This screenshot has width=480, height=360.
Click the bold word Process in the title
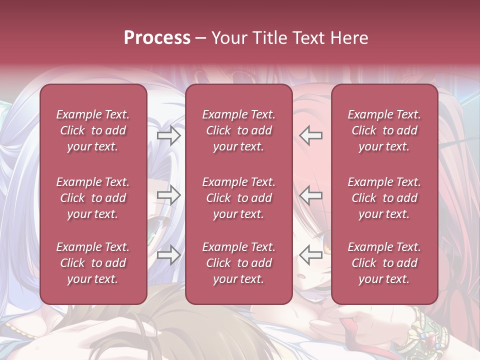[157, 38]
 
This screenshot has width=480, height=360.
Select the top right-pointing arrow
[168, 135]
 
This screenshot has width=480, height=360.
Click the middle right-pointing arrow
[168, 195]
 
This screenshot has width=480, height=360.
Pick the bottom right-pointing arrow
[168, 255]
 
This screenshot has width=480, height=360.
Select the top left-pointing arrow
[310, 135]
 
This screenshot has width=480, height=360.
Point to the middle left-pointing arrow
[310, 195]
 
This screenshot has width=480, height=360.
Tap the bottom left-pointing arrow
[310, 255]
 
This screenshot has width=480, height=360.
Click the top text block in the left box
[93, 130]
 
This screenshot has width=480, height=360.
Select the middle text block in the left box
[93, 198]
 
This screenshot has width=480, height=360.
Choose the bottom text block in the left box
[93, 263]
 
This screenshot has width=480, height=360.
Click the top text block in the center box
[238, 130]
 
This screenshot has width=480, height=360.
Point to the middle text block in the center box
[238, 198]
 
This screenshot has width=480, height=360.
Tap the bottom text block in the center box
[238, 263]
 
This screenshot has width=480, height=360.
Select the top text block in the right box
[384, 130]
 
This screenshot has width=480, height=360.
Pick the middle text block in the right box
[384, 198]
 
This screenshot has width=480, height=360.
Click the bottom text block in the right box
[384, 263]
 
